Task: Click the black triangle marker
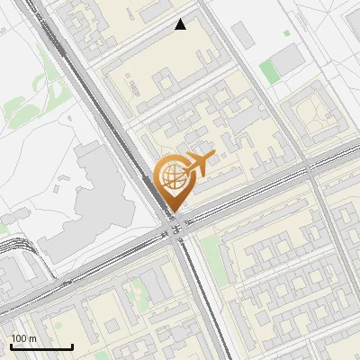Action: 181,25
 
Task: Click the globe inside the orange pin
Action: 172,177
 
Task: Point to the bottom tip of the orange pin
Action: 172,212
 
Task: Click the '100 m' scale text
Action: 23,338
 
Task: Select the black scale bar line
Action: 41,346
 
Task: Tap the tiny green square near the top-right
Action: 287,34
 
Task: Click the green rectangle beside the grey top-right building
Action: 269,71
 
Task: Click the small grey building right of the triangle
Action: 241,36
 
